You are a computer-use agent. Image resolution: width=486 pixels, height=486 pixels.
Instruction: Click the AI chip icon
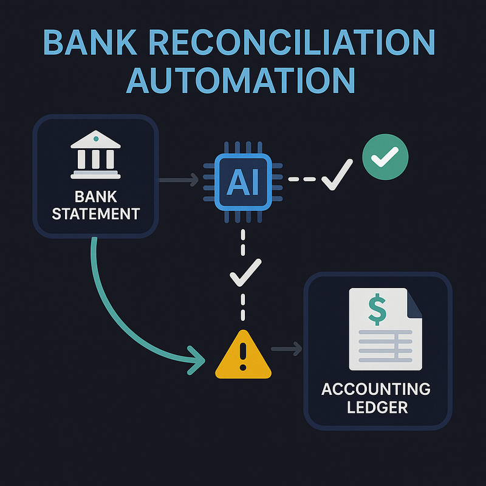point(243,180)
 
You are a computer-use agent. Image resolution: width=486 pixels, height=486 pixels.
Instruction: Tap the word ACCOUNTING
point(377,389)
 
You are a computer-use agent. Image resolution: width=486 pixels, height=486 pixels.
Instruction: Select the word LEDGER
point(377,407)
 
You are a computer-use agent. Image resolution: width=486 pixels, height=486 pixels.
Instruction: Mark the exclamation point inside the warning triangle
point(244,357)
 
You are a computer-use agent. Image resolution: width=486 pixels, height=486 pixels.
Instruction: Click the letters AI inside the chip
point(243,180)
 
